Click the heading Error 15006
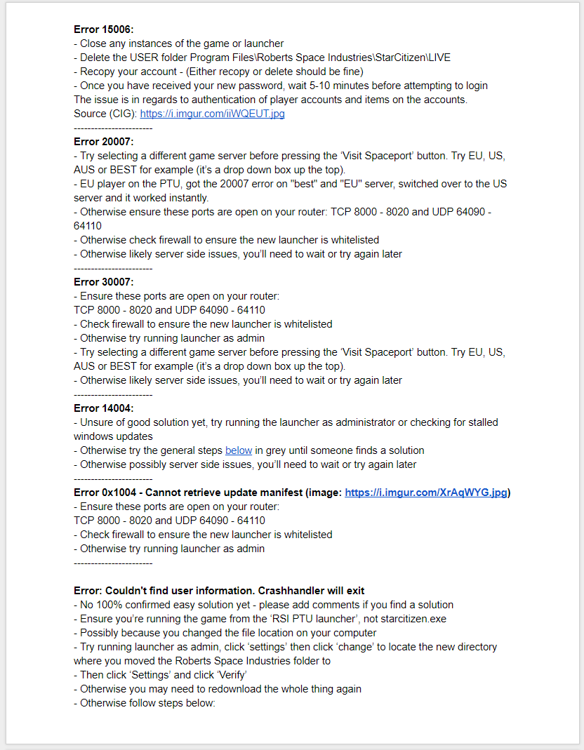(103, 29)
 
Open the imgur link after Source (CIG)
(212, 114)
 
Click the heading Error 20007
(103, 142)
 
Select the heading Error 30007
(103, 282)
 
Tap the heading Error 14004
(103, 408)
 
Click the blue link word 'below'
(239, 450)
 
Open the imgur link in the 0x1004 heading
(426, 493)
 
